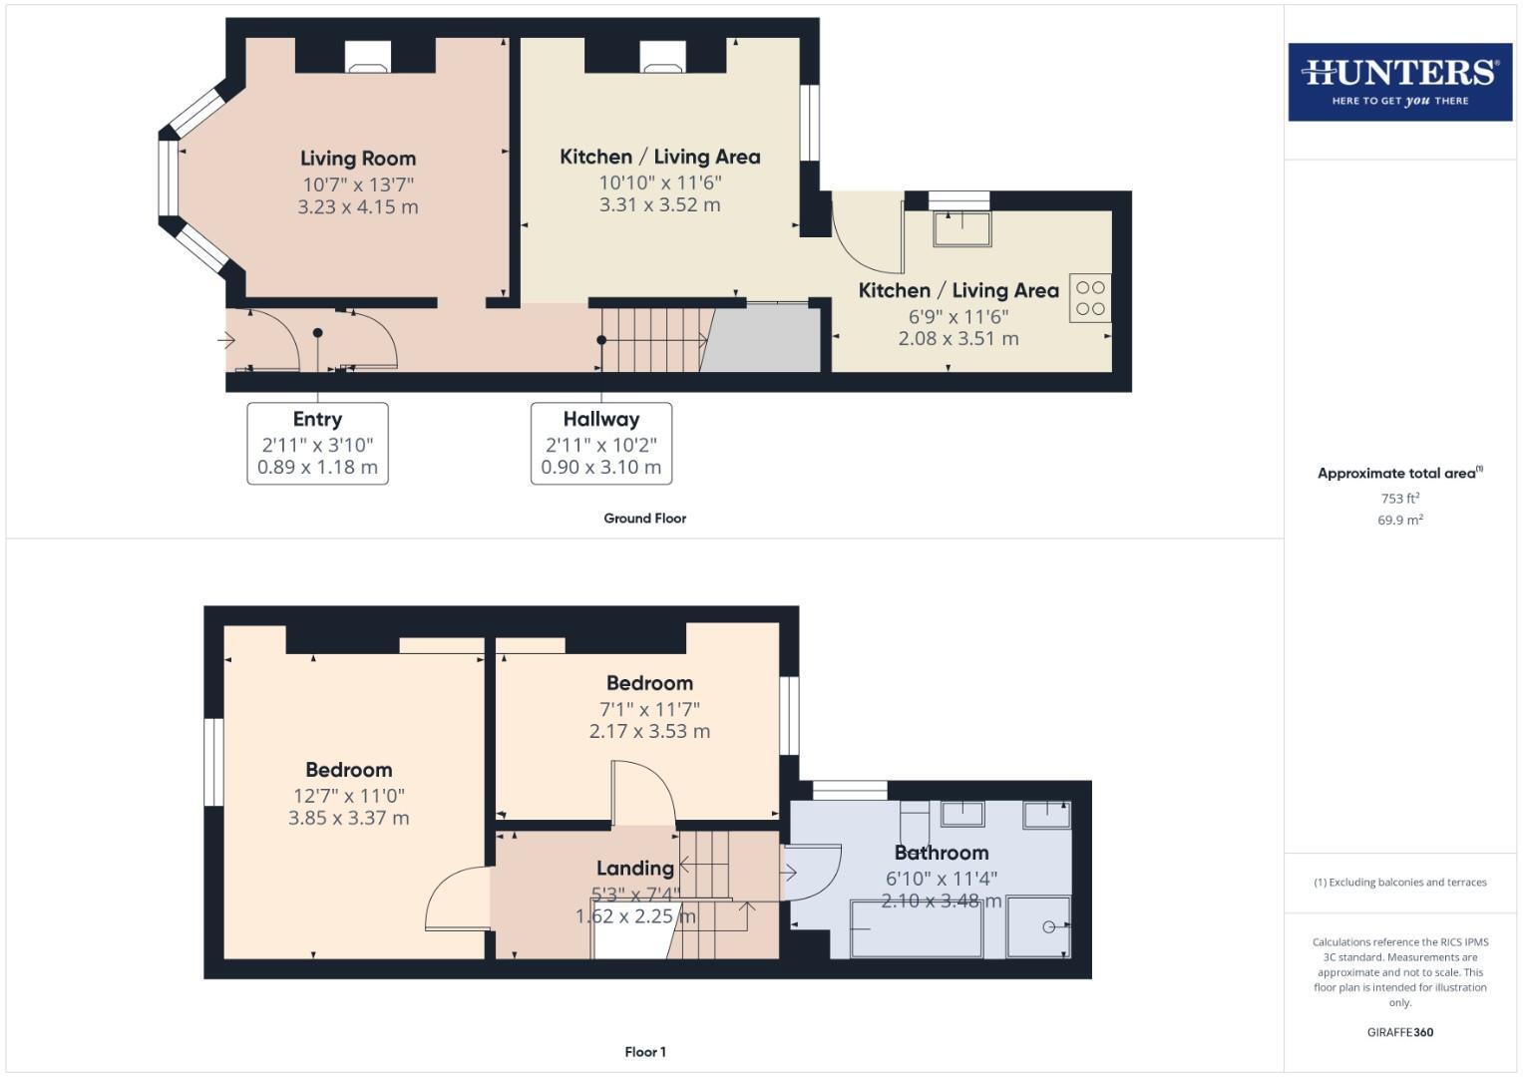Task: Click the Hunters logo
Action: coord(1399,82)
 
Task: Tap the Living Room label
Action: coord(358,159)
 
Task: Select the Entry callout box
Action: coord(317,444)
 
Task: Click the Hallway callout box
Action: coord(600,444)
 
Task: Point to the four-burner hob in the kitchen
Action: coord(1090,298)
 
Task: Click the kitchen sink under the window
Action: coord(961,228)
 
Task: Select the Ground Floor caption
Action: coord(644,519)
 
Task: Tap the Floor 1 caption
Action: coord(644,1052)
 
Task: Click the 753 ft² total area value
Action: coord(1399,499)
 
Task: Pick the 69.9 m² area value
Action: coord(1399,521)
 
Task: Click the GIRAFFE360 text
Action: coord(1399,1033)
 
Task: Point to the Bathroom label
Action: coord(941,853)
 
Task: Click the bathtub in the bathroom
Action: coord(916,928)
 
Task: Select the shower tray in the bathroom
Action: coord(1038,927)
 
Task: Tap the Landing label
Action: coord(634,869)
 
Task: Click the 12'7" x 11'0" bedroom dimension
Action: coord(348,796)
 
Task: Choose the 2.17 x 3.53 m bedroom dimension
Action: coord(649,731)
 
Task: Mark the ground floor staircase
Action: coord(654,339)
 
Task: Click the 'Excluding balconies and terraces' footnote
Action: coord(1399,883)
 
